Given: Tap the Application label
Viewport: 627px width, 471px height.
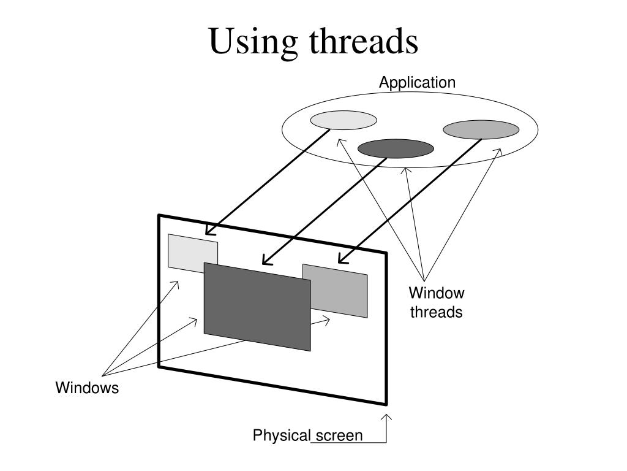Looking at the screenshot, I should [x=417, y=82].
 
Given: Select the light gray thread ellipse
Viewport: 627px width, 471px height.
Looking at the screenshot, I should [x=343, y=120].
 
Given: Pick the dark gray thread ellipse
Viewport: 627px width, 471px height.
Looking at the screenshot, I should [x=396, y=148].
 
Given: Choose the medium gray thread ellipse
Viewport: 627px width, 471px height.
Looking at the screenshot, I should [x=481, y=129].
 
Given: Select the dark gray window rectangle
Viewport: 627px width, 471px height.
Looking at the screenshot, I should [x=257, y=307].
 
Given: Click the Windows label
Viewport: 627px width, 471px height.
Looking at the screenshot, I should [x=87, y=388].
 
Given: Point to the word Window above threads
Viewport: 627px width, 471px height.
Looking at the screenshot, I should [x=437, y=293].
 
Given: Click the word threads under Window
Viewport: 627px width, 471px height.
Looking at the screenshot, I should [x=437, y=312].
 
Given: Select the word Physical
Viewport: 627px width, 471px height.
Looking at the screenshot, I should [x=282, y=435].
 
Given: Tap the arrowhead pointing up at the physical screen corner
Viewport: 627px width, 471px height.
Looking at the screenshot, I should [x=386, y=417].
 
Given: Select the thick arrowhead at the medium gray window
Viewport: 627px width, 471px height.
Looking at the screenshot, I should [x=340, y=260].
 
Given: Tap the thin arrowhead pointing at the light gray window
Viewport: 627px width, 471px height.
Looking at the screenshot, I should [x=176, y=283].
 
